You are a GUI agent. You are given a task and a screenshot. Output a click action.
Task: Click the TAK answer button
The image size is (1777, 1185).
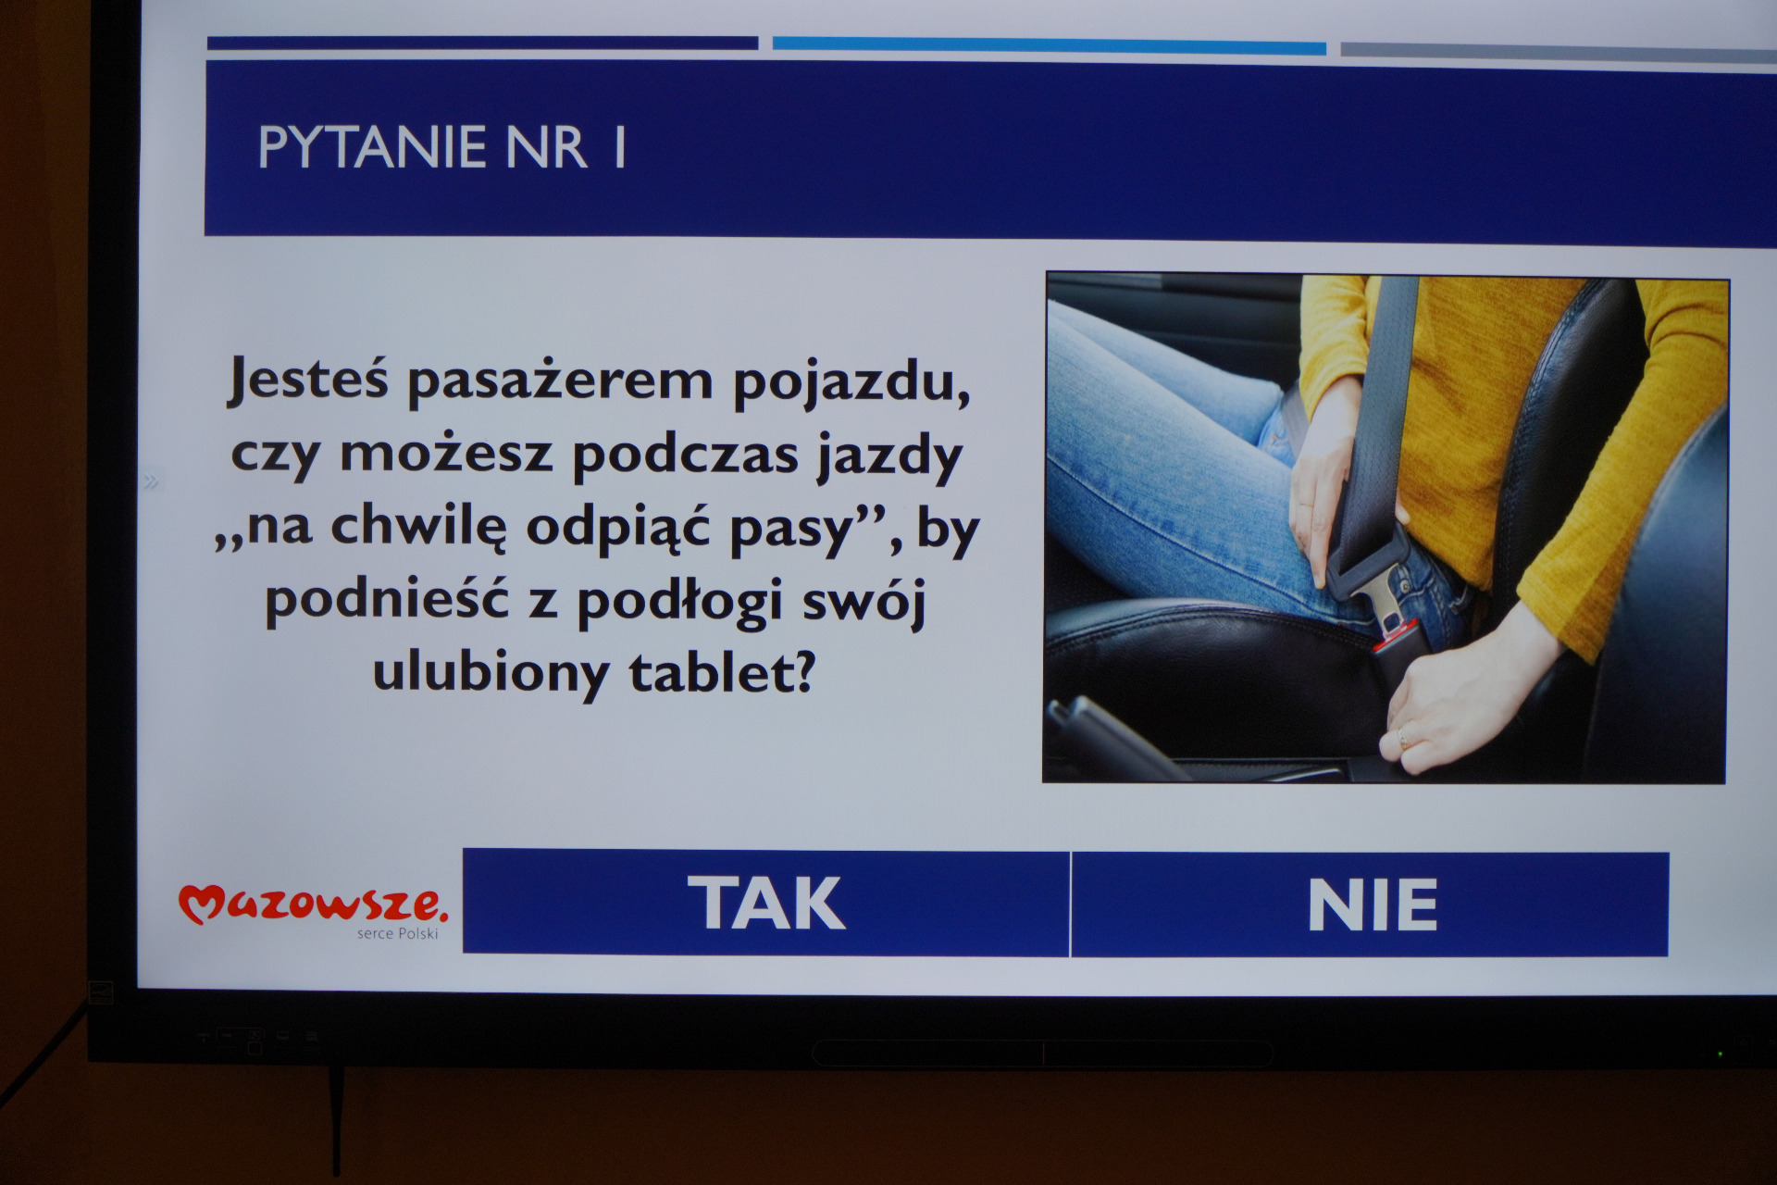click(766, 903)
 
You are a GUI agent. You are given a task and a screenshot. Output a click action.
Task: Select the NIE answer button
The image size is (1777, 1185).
click(1371, 904)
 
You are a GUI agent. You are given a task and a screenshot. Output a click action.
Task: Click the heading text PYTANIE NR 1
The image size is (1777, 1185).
click(442, 147)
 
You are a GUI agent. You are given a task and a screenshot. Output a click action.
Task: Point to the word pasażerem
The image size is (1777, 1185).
click(560, 380)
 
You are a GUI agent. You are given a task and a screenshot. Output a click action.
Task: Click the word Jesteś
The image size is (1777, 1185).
click(308, 379)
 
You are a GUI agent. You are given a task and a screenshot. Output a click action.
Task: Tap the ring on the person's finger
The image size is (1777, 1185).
click(1402, 739)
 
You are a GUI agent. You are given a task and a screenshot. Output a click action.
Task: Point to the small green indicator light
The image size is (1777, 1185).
click(1720, 1054)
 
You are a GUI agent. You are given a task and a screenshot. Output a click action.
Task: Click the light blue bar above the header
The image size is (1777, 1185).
click(1049, 45)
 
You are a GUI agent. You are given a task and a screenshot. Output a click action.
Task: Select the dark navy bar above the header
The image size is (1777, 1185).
click(482, 43)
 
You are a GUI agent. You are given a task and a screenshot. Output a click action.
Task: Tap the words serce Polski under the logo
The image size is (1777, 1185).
click(397, 933)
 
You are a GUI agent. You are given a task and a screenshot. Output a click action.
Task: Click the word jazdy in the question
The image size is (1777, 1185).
click(889, 455)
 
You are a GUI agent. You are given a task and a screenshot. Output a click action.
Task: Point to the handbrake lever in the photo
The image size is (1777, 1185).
click(1111, 736)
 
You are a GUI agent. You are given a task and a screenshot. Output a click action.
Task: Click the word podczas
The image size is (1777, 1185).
click(685, 454)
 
